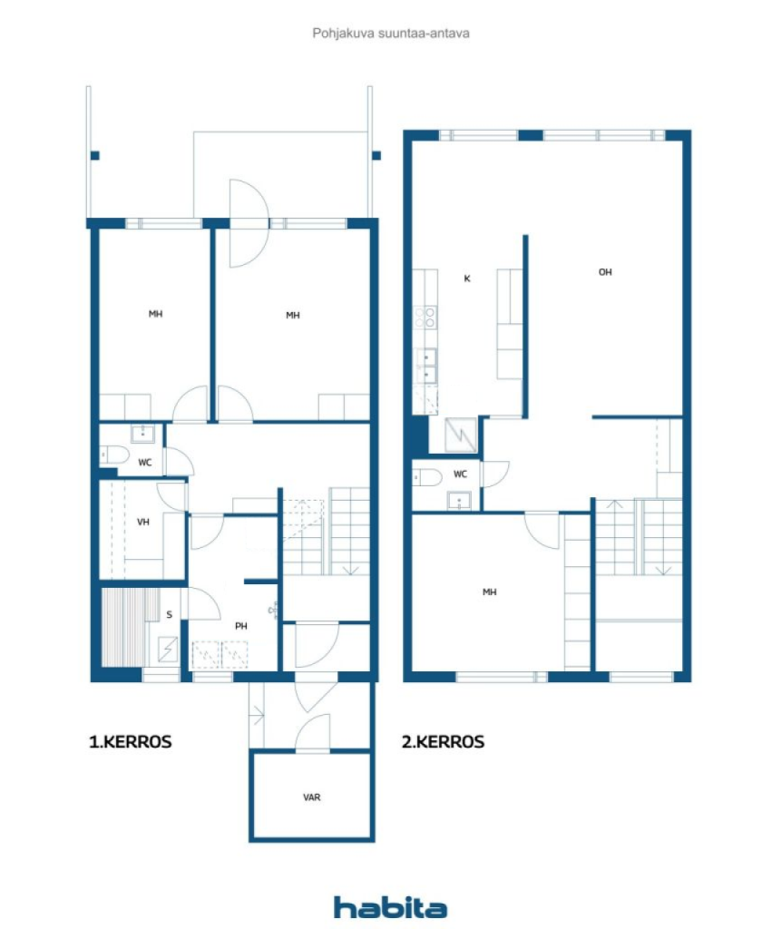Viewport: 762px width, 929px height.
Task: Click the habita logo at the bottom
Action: point(390,907)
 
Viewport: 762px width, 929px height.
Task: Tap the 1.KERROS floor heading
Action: point(131,742)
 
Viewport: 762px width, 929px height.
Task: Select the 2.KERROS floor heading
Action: point(443,742)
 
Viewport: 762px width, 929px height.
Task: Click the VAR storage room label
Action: point(312,797)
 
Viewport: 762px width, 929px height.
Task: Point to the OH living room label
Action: point(605,272)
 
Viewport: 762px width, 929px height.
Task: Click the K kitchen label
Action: point(467,279)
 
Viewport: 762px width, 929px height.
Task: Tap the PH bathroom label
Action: point(241,626)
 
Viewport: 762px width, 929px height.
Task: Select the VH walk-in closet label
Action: point(142,522)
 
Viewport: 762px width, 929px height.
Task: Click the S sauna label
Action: point(170,614)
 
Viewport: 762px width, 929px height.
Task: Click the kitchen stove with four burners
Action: point(425,318)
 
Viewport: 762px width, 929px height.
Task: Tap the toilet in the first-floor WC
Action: point(114,455)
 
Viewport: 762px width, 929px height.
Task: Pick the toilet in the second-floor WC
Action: point(426,477)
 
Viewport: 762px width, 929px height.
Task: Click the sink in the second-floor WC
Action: point(459,501)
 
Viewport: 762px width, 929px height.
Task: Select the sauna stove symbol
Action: point(169,650)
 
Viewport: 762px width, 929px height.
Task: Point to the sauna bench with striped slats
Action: point(123,627)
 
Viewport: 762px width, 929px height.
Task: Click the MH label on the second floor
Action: point(490,592)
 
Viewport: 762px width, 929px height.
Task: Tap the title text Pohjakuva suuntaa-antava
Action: point(391,34)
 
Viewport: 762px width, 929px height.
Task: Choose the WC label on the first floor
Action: point(145,462)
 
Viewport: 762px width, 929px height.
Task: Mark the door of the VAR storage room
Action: point(312,732)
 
